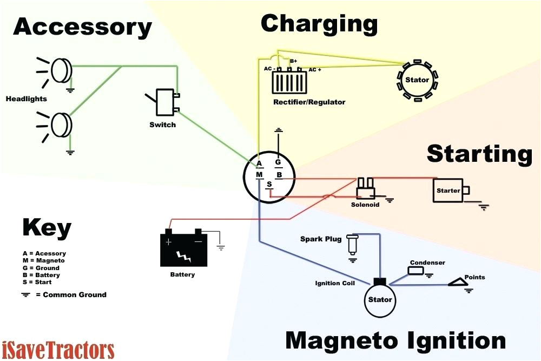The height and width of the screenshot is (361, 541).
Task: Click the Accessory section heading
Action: click(x=82, y=27)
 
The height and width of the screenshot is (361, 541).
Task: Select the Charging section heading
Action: click(x=319, y=24)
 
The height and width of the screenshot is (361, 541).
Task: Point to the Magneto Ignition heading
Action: click(x=395, y=341)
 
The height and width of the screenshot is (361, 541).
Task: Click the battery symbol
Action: click(x=184, y=248)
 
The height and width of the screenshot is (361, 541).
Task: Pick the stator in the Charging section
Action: click(x=417, y=80)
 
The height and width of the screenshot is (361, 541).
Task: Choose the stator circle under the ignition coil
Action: click(x=380, y=299)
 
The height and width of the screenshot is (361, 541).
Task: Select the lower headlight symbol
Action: click(x=61, y=125)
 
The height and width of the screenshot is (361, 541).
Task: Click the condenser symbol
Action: click(x=415, y=271)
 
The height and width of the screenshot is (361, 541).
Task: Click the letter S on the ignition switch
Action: click(x=269, y=185)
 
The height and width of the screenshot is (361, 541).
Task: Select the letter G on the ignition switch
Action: click(x=278, y=162)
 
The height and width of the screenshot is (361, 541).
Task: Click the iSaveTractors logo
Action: click(x=58, y=349)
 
